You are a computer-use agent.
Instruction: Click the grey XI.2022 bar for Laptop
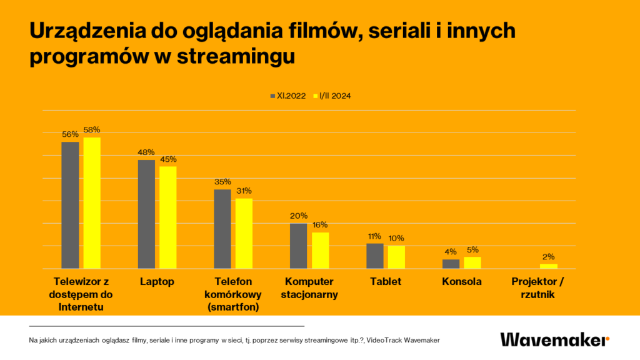[146, 214]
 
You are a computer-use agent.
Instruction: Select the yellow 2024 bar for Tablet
[396, 257]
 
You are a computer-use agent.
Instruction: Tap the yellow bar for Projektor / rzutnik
[549, 266]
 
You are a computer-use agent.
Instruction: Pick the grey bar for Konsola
[451, 264]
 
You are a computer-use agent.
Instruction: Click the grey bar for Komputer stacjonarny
[298, 246]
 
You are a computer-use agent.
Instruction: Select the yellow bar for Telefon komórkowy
[244, 233]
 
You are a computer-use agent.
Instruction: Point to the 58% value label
[92, 130]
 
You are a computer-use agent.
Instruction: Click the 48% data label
[146, 152]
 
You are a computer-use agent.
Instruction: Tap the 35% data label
[222, 182]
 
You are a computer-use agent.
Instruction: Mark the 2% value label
[549, 256]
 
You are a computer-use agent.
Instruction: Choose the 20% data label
[299, 216]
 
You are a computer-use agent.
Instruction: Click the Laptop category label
[156, 282]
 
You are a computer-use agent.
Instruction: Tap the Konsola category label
[461, 282]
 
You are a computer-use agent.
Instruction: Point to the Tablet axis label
[385, 282]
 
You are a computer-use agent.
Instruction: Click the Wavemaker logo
[554, 339]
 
